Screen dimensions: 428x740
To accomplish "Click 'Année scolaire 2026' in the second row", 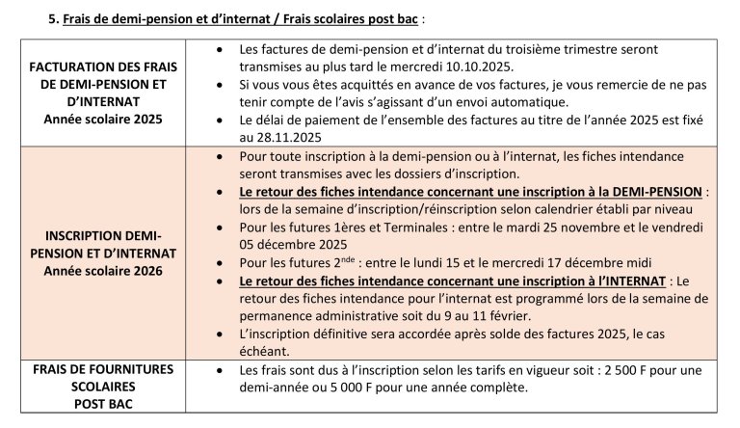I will click(110, 271).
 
